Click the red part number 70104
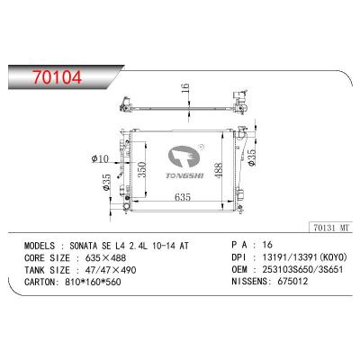point(58,77)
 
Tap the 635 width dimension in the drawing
point(183,197)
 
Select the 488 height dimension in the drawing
point(219,170)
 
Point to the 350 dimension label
point(142,169)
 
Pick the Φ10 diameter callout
point(101,158)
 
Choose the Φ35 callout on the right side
point(251,157)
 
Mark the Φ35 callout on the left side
point(107,183)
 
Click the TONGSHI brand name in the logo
point(184,175)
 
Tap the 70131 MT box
point(331,228)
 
